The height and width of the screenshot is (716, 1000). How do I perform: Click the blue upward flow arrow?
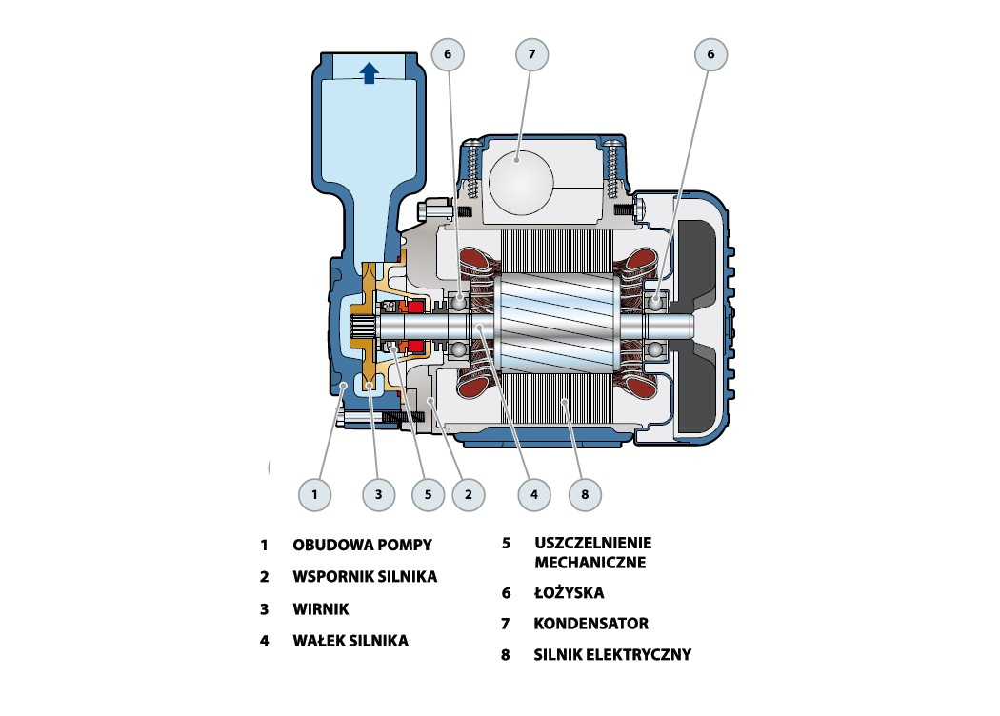[x=369, y=72]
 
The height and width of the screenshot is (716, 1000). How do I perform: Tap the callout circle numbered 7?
[x=531, y=54]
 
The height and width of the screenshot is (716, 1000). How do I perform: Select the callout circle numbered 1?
[x=314, y=494]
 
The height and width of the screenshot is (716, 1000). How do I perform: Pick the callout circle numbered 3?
[x=378, y=494]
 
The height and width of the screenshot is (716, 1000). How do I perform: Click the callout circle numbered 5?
[x=428, y=494]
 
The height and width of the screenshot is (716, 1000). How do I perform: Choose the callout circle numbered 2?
[x=469, y=494]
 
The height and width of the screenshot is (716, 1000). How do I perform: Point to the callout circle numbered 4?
[x=533, y=494]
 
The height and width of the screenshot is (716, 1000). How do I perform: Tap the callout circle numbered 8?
[x=585, y=494]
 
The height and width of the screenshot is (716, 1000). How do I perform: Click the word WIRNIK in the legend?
[x=321, y=609]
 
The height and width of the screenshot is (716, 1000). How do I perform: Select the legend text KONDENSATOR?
[x=591, y=623]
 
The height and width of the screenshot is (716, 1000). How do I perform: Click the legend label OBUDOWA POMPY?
[x=362, y=545]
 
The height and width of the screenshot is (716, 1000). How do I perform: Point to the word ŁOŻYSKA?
[x=569, y=592]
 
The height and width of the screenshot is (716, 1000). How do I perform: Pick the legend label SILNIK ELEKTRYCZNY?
[x=612, y=654]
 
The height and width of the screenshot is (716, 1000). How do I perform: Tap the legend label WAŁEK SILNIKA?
[x=350, y=640]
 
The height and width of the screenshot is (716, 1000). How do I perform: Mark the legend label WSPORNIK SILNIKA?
[x=365, y=576]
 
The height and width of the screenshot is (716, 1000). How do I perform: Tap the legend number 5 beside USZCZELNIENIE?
[x=507, y=543]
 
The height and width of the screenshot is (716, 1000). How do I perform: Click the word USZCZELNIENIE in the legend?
[x=593, y=543]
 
